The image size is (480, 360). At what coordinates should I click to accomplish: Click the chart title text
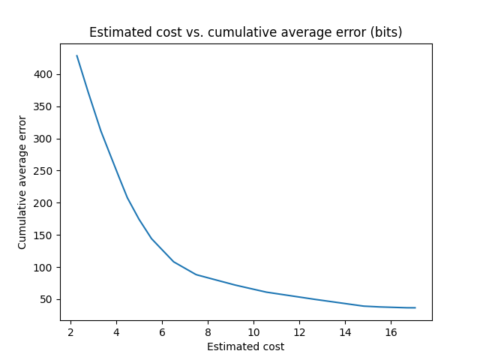pos(245,32)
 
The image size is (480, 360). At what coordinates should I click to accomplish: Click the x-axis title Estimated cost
pos(245,346)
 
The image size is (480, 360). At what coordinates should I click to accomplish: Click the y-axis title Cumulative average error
pos(22,182)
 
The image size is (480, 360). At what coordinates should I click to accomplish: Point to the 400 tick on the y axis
pos(43,74)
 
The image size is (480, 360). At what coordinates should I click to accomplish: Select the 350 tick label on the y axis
pos(43,106)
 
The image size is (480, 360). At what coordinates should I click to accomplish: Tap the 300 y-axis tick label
pos(43,139)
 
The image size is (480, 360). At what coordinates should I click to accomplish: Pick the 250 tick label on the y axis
pos(43,171)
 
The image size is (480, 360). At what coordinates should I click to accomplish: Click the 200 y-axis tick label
pos(43,203)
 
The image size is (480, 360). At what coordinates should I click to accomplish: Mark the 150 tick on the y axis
pos(43,235)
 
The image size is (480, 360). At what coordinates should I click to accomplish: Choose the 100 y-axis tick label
pos(43,268)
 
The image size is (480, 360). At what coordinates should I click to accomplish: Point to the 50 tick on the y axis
pos(46,299)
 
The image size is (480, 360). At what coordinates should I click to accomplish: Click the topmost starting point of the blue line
pos(76,55)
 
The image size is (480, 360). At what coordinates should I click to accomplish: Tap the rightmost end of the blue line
pos(415,307)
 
